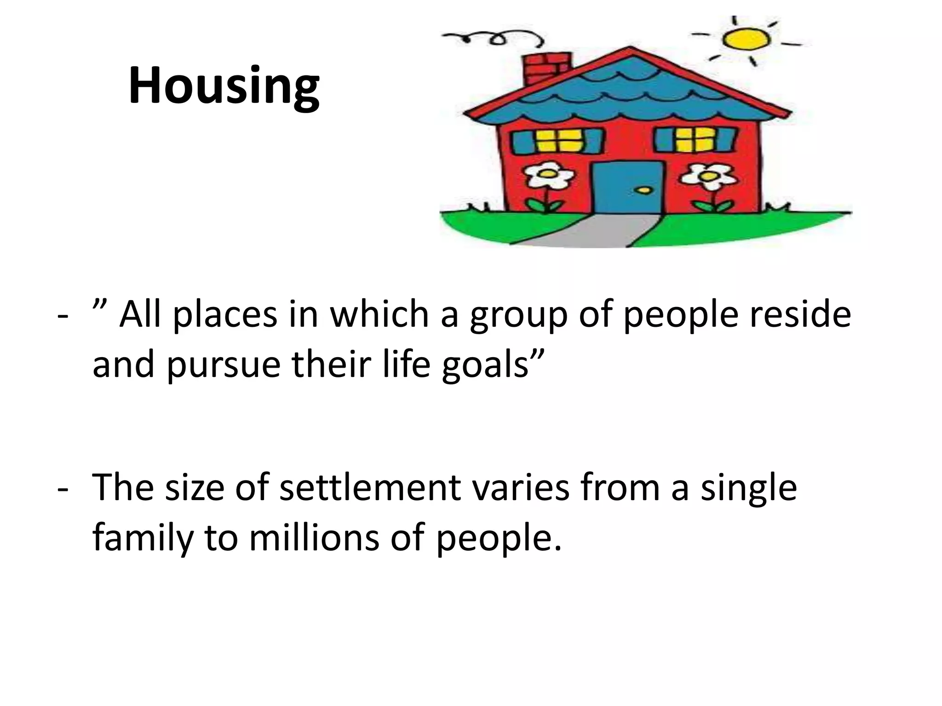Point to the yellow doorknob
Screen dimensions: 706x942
click(645, 190)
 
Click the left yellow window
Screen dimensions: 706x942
click(557, 140)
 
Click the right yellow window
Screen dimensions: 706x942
click(695, 139)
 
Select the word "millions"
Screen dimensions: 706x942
click(315, 538)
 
